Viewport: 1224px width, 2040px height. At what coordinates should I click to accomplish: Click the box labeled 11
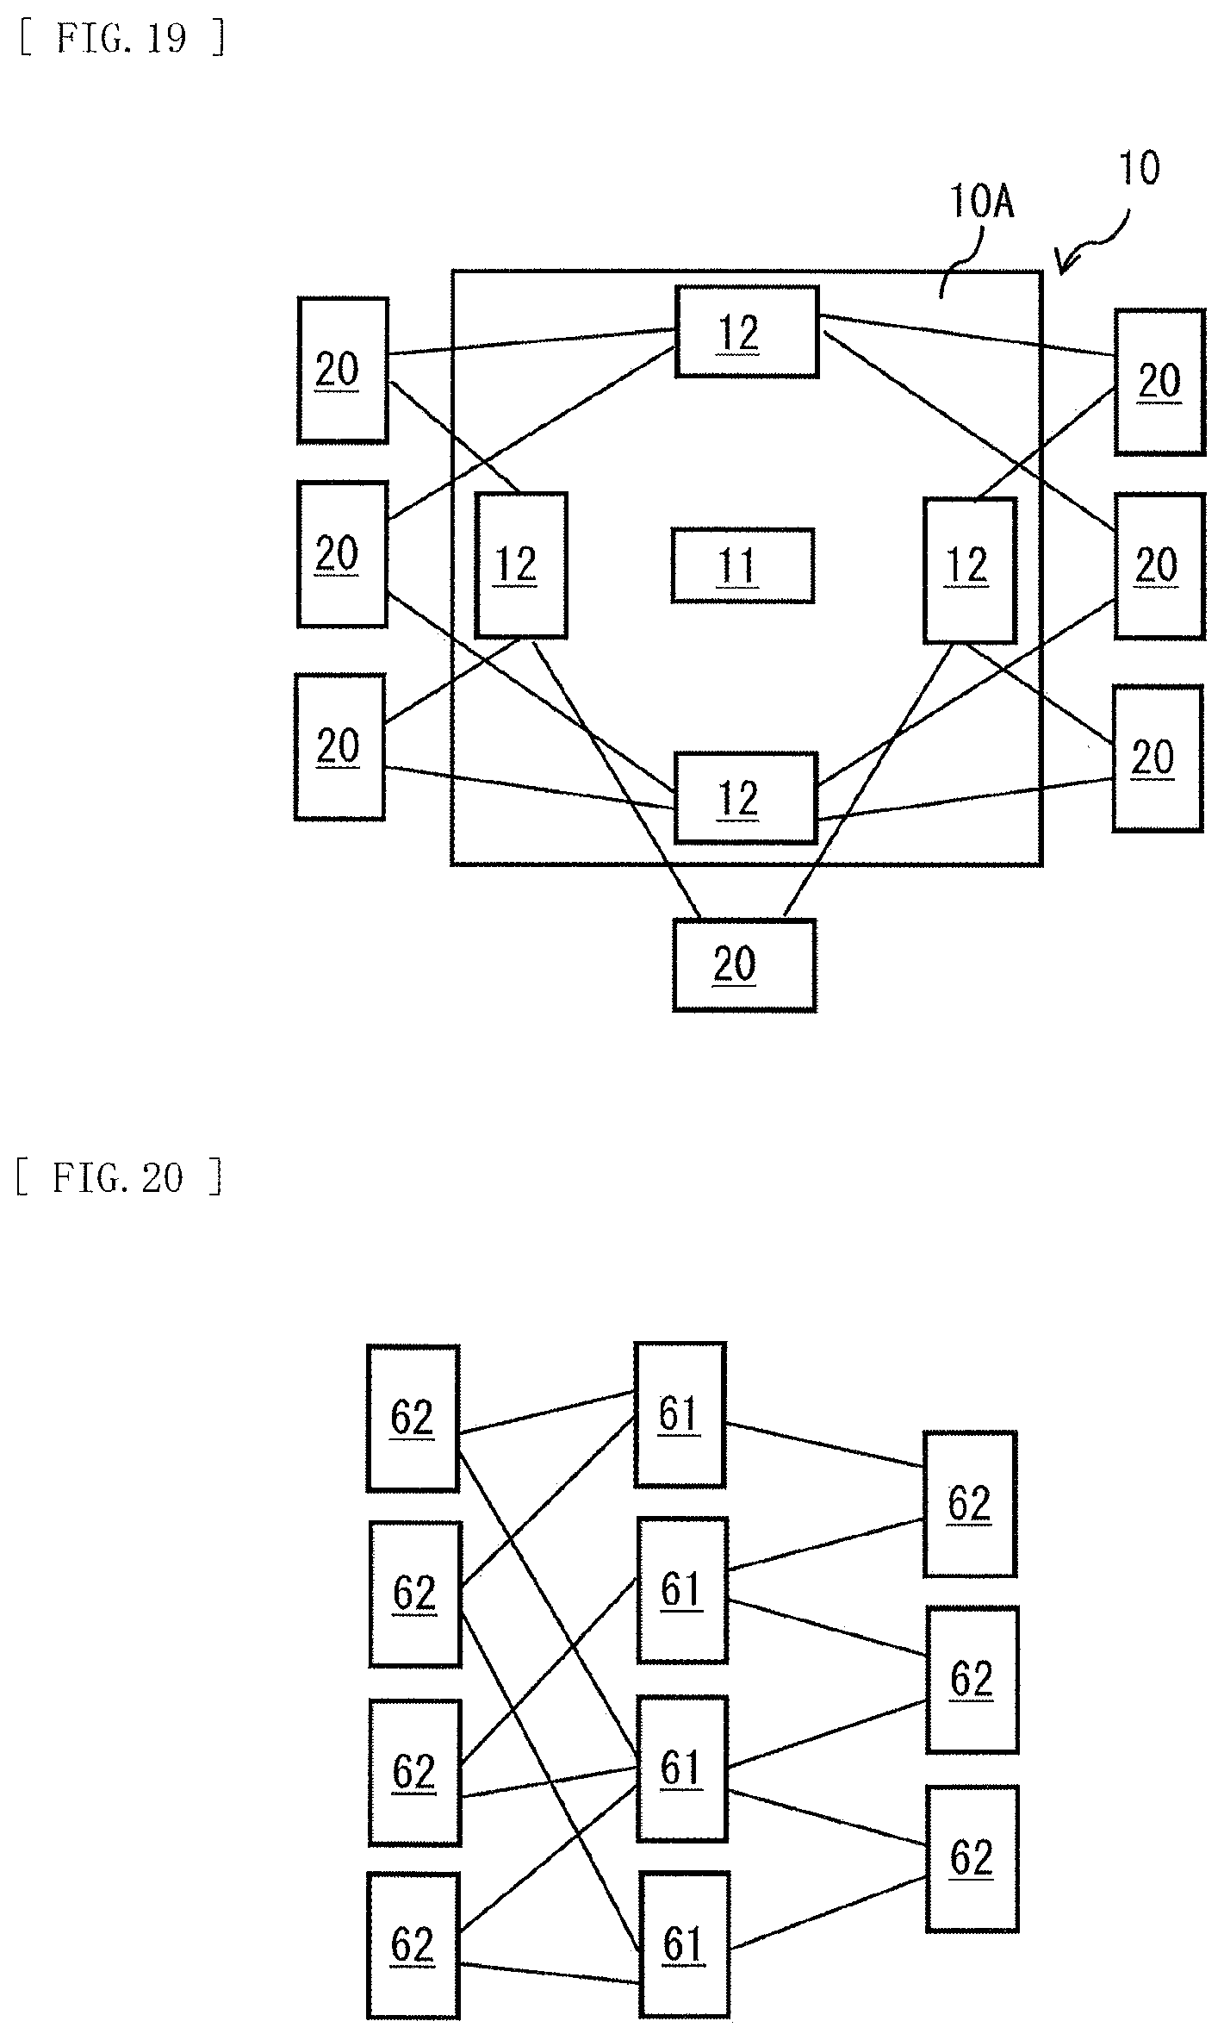742,565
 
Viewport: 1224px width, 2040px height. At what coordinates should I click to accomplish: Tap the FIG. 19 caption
122,39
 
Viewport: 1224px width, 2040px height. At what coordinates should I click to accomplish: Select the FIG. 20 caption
120,1177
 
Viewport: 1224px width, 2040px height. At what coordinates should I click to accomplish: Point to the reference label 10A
982,203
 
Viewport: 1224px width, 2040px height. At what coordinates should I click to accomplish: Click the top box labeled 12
747,332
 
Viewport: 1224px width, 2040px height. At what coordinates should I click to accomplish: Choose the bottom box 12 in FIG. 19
745,797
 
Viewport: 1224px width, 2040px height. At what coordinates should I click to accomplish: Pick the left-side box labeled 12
521,565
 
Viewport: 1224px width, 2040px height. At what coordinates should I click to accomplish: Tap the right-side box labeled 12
969,570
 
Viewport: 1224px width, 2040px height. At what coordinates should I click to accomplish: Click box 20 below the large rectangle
744,964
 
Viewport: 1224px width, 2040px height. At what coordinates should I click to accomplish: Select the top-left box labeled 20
343,371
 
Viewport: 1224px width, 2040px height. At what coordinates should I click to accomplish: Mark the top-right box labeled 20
1160,381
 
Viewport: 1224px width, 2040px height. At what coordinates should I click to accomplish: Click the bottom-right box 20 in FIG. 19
1158,758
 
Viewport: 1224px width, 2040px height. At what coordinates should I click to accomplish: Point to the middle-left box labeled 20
342,554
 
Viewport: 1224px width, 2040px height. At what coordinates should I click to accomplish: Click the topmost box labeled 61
680,1414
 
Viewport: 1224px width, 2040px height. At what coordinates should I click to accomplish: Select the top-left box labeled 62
413,1418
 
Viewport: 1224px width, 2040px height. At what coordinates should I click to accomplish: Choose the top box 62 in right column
970,1504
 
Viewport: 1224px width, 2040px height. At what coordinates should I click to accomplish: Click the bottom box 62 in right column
972,1858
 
